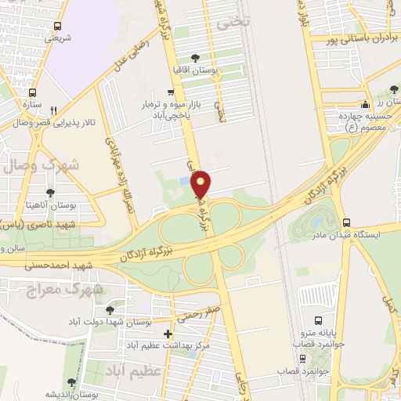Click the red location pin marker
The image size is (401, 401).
click(201, 184)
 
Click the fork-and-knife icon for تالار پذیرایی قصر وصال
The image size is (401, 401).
click(52, 110)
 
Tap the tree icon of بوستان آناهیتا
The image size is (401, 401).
click(50, 191)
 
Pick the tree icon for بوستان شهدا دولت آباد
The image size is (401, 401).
click(110, 309)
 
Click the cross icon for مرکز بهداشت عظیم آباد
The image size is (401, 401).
click(168, 335)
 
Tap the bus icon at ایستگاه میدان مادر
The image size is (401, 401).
click(346, 222)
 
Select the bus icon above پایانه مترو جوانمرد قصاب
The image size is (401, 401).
click(319, 320)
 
